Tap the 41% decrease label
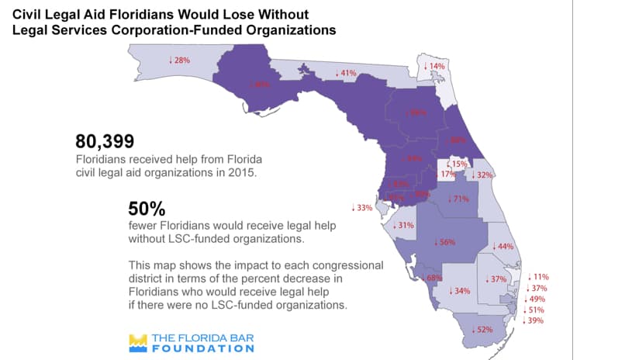tap(345, 73)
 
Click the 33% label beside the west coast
tap(362, 208)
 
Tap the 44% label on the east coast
tap(504, 246)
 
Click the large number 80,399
tap(105, 141)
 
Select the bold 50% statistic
tap(147, 209)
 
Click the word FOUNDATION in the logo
tap(202, 348)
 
